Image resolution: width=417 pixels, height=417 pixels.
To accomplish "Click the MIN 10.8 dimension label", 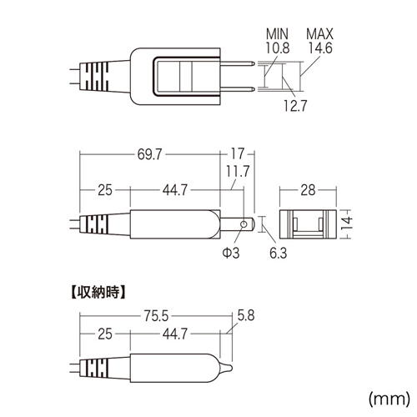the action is (278, 41).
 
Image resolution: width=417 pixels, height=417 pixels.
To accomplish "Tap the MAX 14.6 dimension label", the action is (319, 41).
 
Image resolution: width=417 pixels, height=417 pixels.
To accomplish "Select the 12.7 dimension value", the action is (295, 106).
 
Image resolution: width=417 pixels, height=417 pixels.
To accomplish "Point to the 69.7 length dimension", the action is (149, 154).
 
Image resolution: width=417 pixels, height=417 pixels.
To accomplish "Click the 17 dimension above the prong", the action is (238, 153).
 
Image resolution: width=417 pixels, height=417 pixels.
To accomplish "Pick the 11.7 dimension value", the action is (238, 171).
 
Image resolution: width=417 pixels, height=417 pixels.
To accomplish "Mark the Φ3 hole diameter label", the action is (231, 253).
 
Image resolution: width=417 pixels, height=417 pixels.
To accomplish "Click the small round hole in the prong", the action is (244, 224).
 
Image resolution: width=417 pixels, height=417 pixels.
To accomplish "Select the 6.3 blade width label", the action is (279, 253).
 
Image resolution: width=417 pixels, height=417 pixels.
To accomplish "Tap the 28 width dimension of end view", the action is (308, 190).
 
